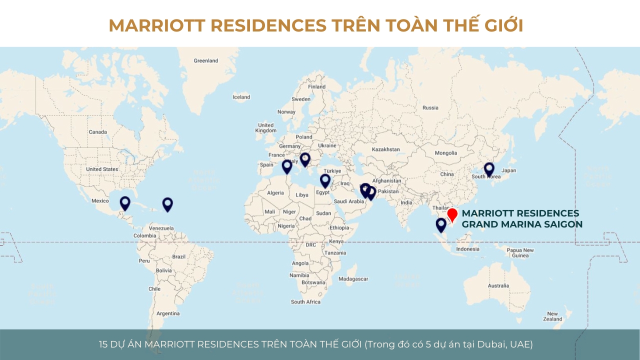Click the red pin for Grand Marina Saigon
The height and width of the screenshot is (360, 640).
(x=452, y=214)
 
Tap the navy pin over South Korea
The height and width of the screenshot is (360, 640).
(x=489, y=169)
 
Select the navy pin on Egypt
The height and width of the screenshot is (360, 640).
(x=325, y=180)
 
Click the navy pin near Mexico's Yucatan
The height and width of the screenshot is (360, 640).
(x=125, y=202)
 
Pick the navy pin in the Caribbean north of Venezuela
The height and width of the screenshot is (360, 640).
(x=167, y=203)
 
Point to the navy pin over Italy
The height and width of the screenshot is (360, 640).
(x=305, y=159)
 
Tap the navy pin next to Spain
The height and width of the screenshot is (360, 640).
(x=286, y=166)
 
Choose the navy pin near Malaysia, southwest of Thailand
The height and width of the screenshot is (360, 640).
(x=441, y=224)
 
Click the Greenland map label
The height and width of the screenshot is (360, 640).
(x=206, y=60)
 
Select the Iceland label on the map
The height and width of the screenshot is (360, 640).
(x=241, y=97)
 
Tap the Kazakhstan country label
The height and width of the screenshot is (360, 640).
(x=386, y=149)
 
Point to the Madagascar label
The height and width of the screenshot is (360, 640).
(x=353, y=279)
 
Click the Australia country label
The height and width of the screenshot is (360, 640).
(x=498, y=286)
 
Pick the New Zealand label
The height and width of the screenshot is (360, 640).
(x=552, y=316)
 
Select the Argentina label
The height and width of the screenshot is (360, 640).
(x=168, y=314)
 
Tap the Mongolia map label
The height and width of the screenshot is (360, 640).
(x=446, y=153)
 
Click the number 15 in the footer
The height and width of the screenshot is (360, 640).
(x=103, y=344)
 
